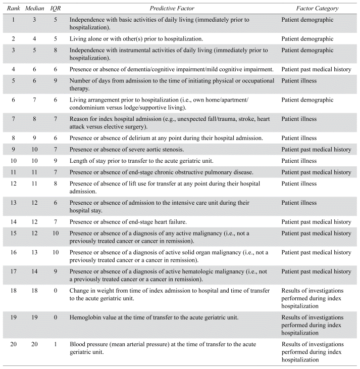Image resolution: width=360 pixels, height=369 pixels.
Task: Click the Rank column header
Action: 11,9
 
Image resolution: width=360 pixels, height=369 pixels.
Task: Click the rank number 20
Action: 11,345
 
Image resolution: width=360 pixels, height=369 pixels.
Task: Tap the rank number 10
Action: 11,161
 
